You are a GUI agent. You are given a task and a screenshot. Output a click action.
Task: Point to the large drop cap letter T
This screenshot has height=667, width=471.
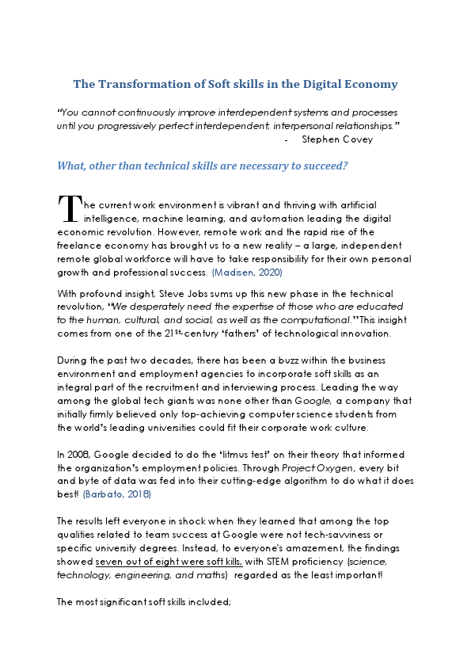[70, 209]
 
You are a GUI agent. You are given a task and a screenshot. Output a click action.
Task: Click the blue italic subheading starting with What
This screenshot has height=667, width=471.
[202, 166]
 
